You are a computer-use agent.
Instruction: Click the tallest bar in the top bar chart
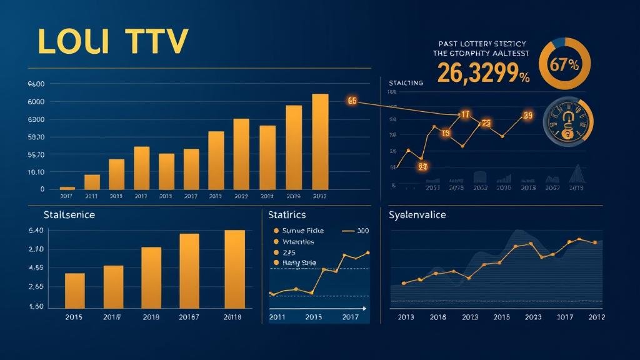tap(320, 141)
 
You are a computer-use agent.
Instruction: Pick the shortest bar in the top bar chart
tap(67, 187)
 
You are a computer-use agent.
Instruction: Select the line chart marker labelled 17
tap(464, 114)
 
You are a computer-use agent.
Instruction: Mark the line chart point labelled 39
tap(527, 115)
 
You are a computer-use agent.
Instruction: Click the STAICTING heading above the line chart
tap(406, 83)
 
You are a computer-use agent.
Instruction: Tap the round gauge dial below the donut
tap(567, 121)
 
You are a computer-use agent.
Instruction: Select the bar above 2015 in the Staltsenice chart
tap(75, 291)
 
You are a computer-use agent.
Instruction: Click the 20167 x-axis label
tap(189, 317)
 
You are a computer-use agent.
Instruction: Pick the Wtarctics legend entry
tap(297, 241)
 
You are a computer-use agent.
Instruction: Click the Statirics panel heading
tap(287, 215)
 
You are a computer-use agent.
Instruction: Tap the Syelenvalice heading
tap(417, 215)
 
